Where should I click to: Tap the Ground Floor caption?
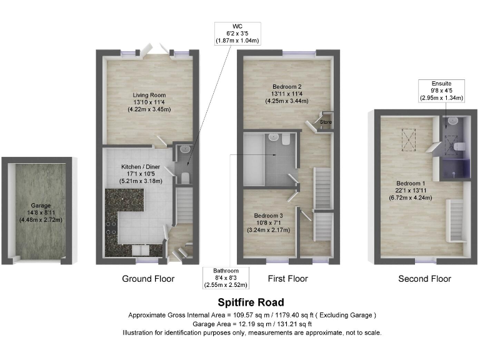click(x=148, y=279)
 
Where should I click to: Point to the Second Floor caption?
click(x=424, y=279)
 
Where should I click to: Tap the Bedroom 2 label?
click(x=287, y=93)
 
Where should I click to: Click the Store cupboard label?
click(x=326, y=122)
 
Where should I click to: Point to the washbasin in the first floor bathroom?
click(x=273, y=137)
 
